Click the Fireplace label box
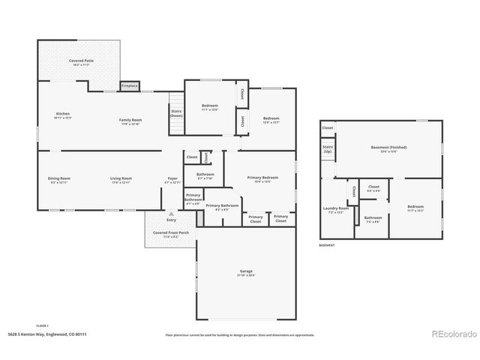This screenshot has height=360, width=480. tap(129, 85)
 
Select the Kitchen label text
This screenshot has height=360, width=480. tap(62, 115)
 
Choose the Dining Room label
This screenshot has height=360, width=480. tap(58, 179)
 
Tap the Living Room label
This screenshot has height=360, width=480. tap(121, 179)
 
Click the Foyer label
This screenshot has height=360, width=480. tap(172, 179)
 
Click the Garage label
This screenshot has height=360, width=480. tap(246, 272)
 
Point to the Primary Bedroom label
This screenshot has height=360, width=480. tap(262, 178)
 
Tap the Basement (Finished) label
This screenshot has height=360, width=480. tap(388, 148)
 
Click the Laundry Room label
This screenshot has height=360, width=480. tap(335, 209)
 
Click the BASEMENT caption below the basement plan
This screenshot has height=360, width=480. tap(326, 245)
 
